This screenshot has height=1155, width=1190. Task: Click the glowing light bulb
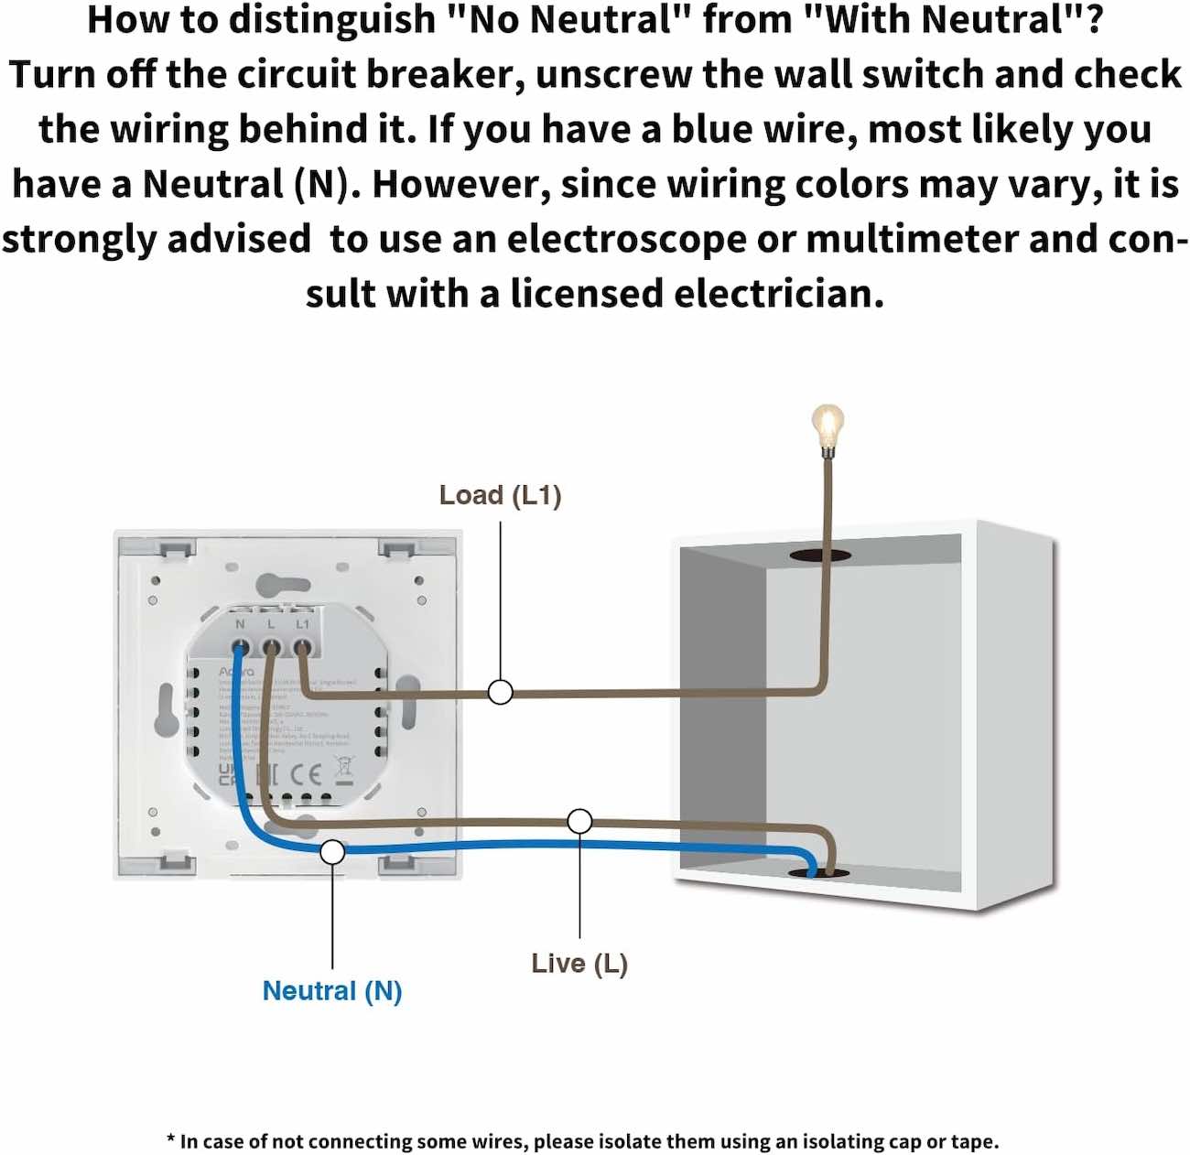828,426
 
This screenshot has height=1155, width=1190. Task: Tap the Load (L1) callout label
500,495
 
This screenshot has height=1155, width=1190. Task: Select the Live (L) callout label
579,963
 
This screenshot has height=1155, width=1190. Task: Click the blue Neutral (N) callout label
332,990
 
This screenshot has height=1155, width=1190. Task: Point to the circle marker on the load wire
500,692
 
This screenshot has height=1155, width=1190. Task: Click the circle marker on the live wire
579,821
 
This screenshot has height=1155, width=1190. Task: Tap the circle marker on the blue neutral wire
332,852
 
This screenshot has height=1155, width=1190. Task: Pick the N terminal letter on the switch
240,624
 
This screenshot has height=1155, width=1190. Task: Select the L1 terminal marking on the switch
303,624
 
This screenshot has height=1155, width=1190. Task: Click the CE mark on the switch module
306,775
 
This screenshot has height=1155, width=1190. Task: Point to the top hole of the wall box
820,555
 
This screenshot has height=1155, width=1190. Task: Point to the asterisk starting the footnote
171,1139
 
